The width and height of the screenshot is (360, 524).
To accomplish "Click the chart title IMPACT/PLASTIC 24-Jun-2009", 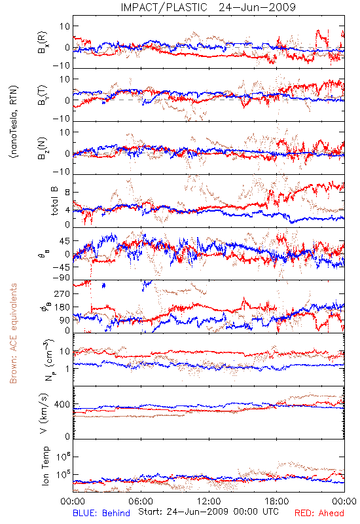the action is click(x=208, y=7).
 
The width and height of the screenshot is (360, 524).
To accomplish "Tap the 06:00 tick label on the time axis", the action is click(x=141, y=501).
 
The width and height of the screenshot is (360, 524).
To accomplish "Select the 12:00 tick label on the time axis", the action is click(x=209, y=501).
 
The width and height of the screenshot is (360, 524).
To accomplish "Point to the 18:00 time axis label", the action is click(x=277, y=501).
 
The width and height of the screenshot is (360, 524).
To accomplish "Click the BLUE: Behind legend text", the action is click(x=101, y=513).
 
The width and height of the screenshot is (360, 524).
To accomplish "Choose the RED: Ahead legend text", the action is click(x=319, y=513).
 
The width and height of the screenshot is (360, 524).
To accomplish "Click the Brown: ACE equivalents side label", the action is click(x=13, y=333).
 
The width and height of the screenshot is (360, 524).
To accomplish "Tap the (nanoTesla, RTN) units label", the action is click(x=14, y=121).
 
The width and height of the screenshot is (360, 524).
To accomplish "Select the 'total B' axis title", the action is click(x=54, y=201).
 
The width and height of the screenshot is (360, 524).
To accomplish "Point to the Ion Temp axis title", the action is click(x=45, y=466).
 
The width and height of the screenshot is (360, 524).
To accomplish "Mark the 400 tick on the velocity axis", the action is click(x=62, y=404).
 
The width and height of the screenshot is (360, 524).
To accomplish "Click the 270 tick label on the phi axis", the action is click(x=62, y=293).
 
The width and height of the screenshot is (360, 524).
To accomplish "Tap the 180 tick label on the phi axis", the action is click(x=62, y=307).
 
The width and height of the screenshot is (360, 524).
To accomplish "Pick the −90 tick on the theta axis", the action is click(x=61, y=278).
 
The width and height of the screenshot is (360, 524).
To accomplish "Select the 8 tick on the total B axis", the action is click(x=67, y=192).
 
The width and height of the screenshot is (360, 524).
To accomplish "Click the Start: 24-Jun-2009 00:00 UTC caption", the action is click(x=208, y=512).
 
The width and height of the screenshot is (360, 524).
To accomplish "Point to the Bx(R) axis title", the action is click(x=43, y=43).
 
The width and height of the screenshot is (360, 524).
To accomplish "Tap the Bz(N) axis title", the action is click(x=43, y=148).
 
